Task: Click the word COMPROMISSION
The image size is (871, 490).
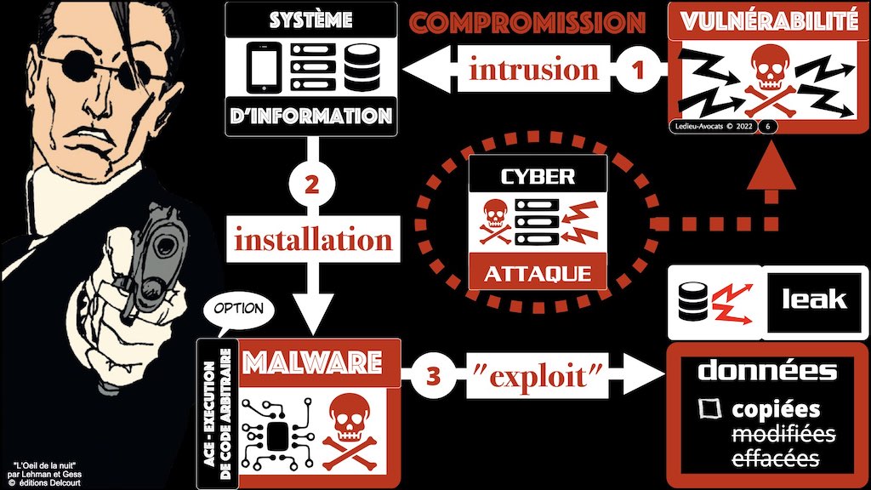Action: [527, 21]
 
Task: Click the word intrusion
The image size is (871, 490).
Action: [533, 69]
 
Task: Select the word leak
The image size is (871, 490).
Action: [814, 298]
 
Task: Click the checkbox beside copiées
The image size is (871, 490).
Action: [708, 409]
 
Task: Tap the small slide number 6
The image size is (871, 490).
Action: [769, 127]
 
